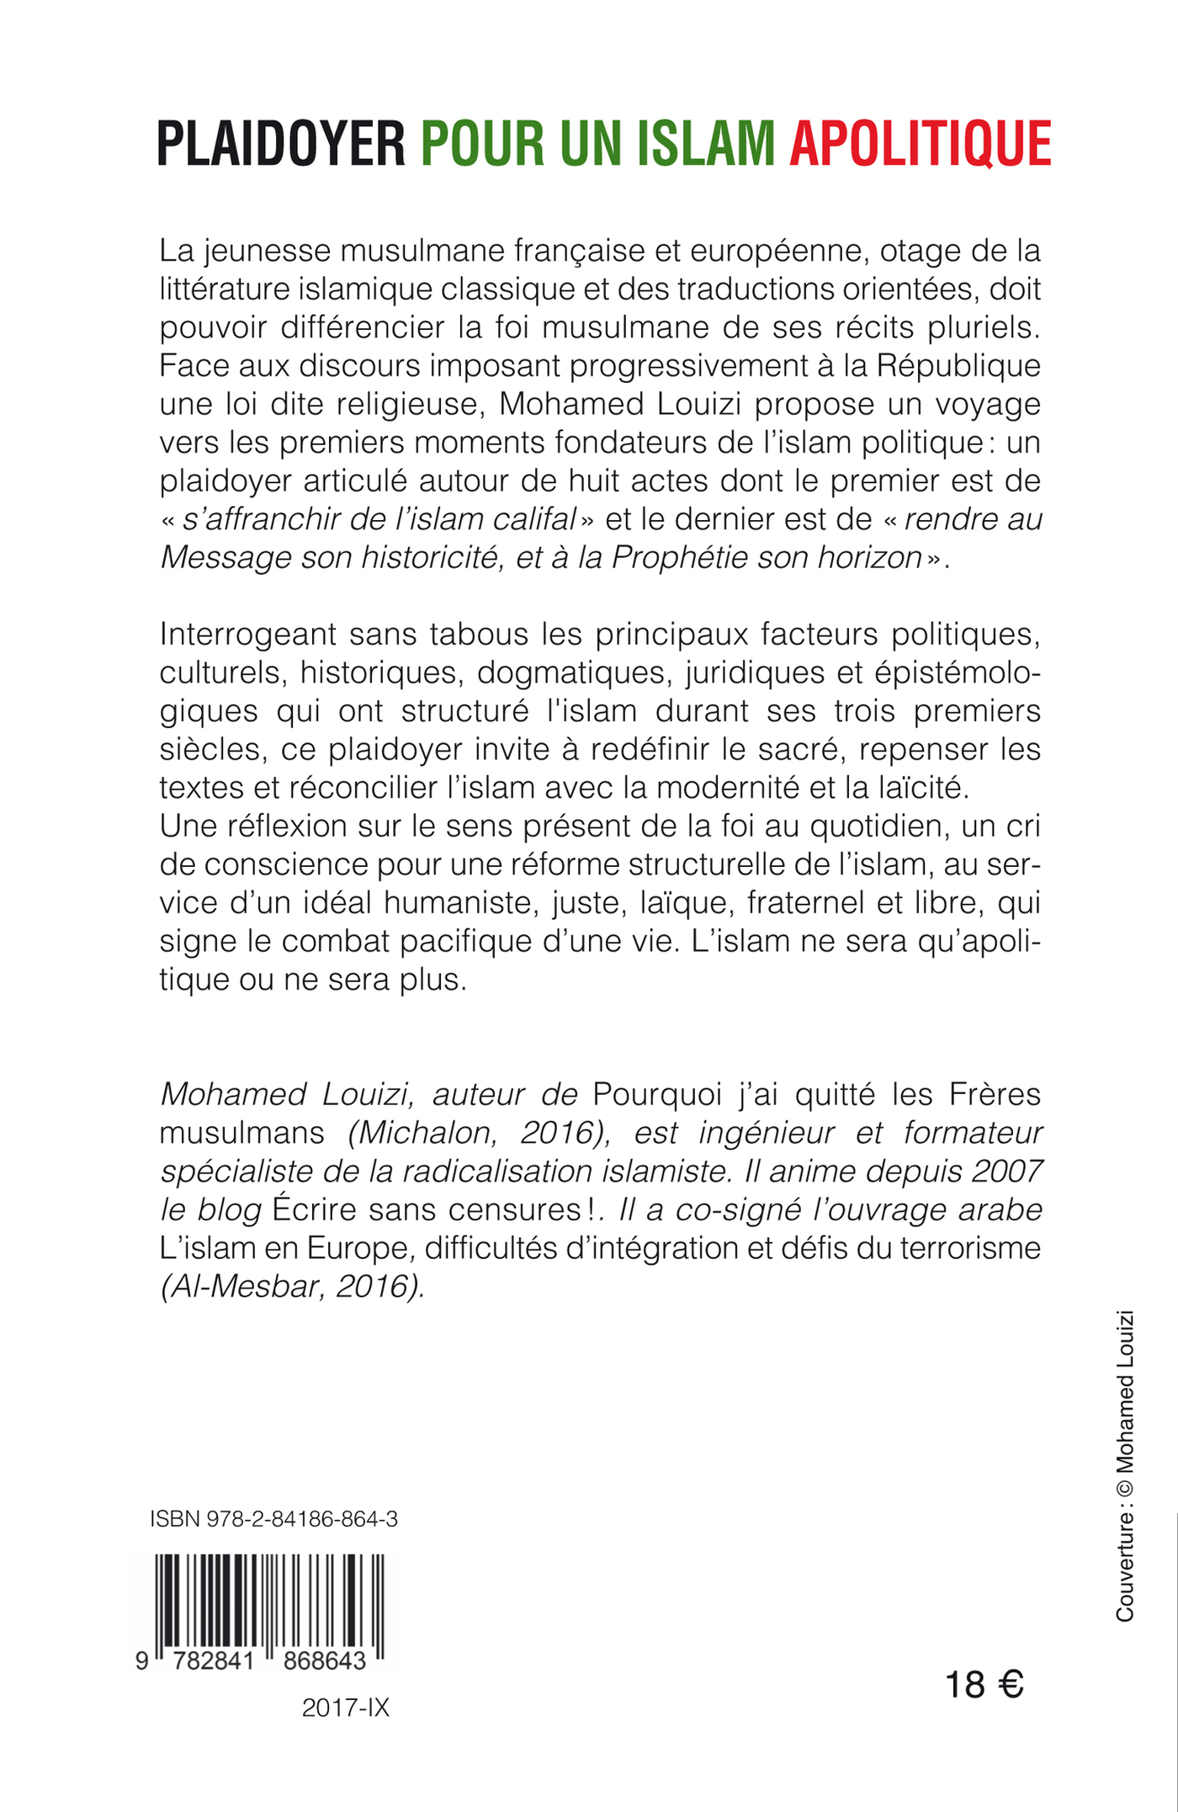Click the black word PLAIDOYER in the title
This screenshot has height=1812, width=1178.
281,144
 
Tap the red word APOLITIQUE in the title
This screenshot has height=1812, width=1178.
920,144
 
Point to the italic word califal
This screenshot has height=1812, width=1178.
534,519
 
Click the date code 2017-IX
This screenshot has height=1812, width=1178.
345,1708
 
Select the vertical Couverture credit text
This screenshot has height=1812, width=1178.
1124,1465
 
